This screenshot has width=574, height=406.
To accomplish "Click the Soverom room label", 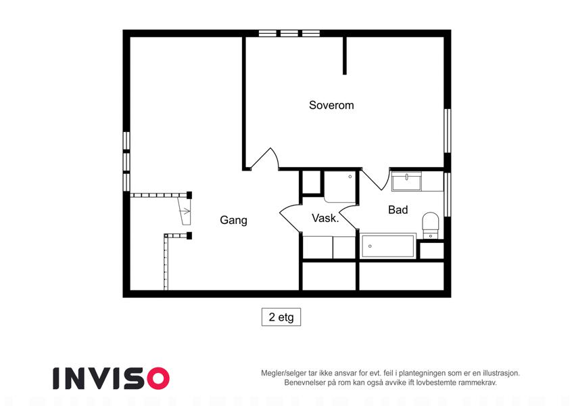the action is point(331,105).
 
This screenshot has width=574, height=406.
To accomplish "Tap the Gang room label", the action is point(233,220).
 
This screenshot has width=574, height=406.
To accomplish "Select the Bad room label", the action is point(398,210).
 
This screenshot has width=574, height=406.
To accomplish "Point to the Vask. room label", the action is point(325,218).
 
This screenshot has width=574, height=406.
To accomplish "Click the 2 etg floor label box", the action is point(281,317).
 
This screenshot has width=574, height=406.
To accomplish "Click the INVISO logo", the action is point(112,378).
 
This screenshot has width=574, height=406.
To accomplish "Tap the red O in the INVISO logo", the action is point(158,378).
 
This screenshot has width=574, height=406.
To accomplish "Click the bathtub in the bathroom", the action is point(388,246).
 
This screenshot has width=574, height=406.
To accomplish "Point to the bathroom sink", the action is point(406,181).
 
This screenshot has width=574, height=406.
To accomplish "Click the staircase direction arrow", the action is point(186,211).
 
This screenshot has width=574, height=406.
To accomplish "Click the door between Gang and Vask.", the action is point(291,218).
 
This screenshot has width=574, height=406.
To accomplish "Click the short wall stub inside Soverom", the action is point(345,55).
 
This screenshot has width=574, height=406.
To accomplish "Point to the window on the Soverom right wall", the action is point(447,131).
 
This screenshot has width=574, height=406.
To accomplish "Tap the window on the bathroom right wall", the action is point(447,194).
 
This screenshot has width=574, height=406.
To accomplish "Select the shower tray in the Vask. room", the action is point(340,187).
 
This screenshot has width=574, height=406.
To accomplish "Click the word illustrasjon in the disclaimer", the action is point(501,374).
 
